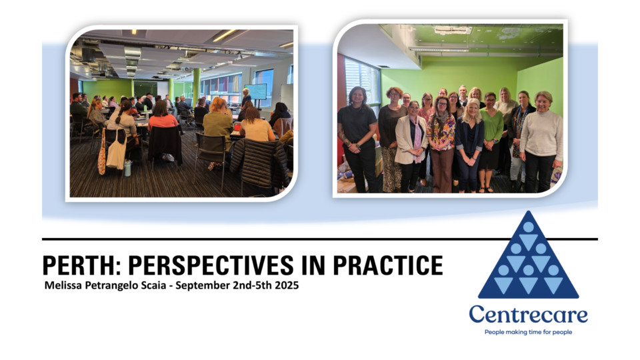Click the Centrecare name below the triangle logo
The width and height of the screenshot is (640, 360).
point(528,315)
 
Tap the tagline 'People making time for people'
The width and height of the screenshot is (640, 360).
point(528,332)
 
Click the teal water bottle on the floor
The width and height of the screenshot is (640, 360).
point(127,168)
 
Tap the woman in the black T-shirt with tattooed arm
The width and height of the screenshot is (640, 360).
point(357,133)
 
